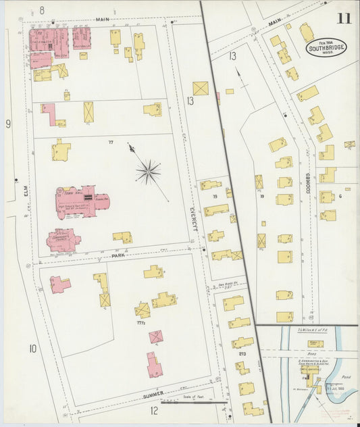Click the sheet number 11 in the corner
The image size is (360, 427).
point(344,18)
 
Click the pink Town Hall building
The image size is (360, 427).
point(81,201)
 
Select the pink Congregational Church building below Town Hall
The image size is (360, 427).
point(63,239)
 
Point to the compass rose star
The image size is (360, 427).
point(148,171)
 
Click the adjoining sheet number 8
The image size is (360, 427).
point(41,10)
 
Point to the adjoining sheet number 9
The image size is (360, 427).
point(8,124)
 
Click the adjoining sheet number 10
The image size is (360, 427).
point(32,349)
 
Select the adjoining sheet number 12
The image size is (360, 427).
point(154,410)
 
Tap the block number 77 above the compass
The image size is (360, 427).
point(109,143)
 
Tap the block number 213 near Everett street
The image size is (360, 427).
point(242,353)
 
